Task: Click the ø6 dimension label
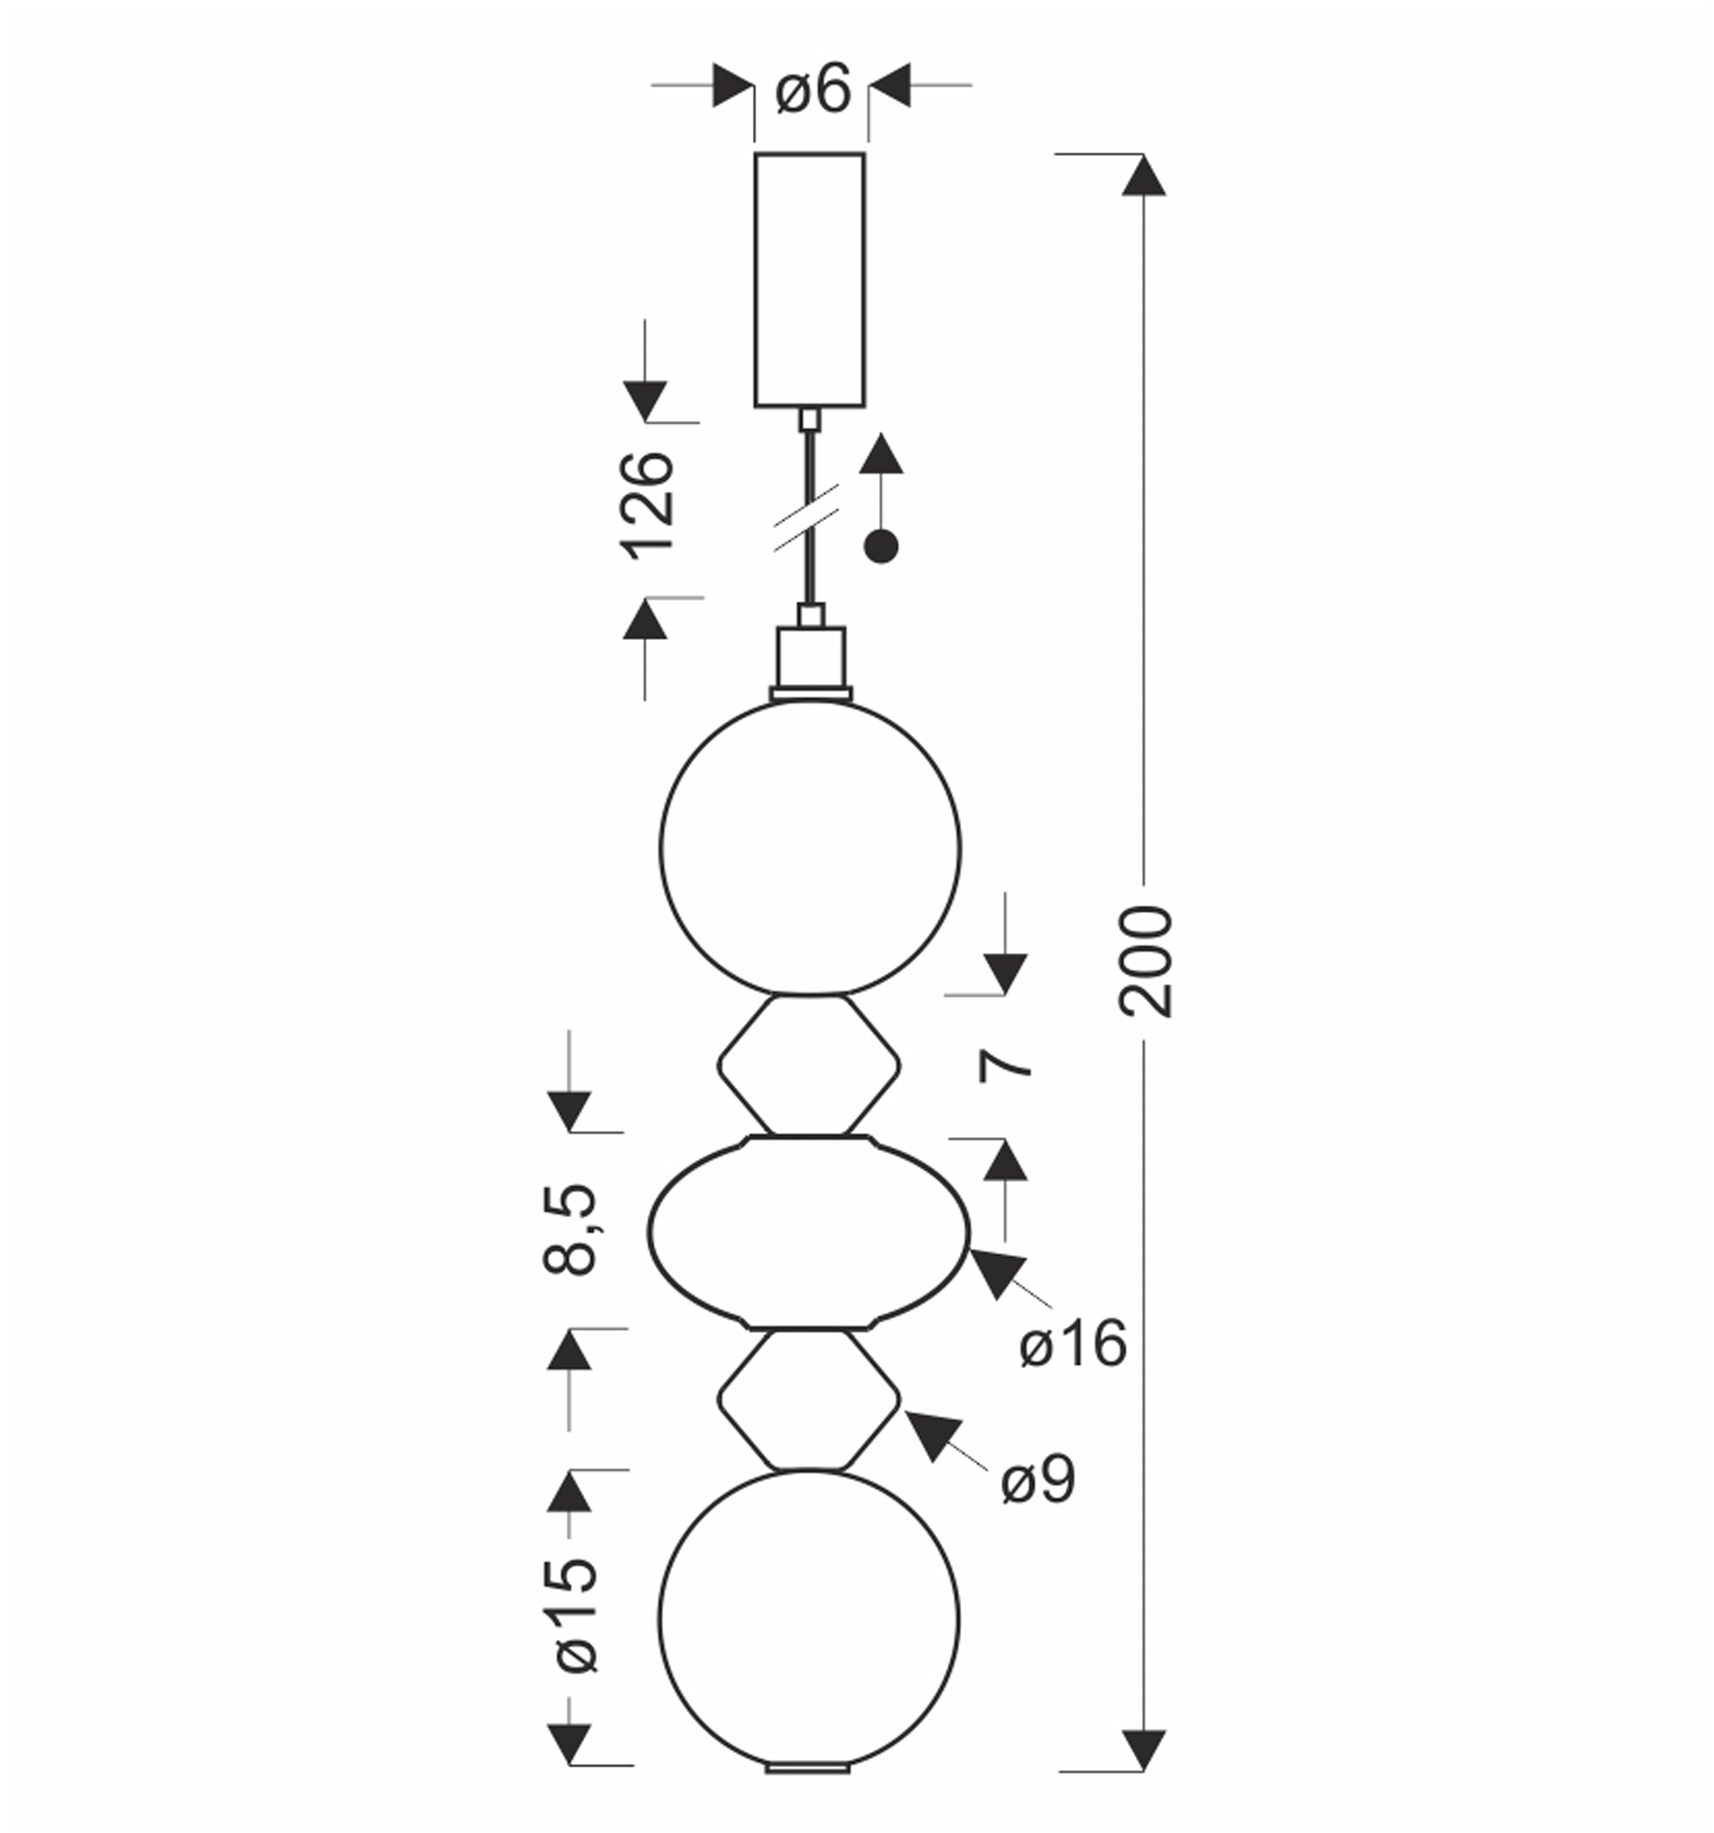pyautogui.click(x=813, y=89)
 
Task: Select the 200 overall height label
pyautogui.click(x=1146, y=962)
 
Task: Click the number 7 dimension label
pyautogui.click(x=1005, y=1066)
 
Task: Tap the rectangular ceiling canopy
pyautogui.click(x=809, y=279)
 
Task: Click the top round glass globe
pyautogui.click(x=810, y=848)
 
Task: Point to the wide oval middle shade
pyautogui.click(x=809, y=1233)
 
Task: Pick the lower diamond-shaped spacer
pyautogui.click(x=809, y=1400)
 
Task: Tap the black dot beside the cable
pyautogui.click(x=881, y=547)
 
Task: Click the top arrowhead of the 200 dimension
pyautogui.click(x=1144, y=175)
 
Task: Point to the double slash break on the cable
pyautogui.click(x=806, y=517)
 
